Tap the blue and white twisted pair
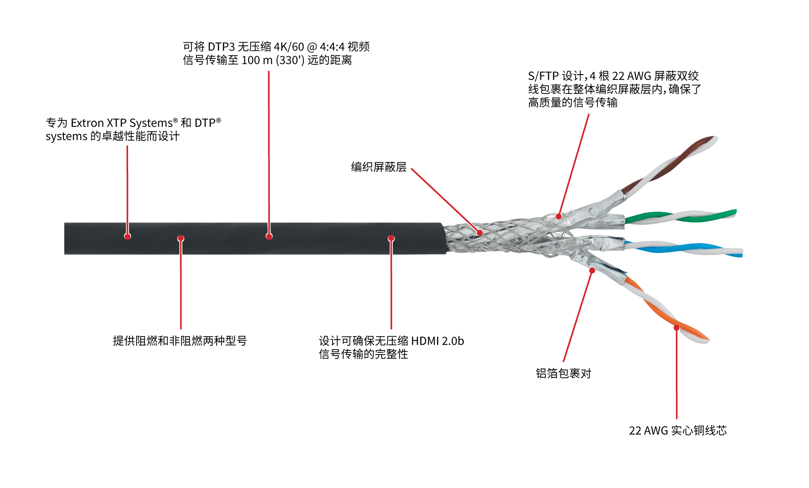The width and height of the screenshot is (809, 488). (683, 248)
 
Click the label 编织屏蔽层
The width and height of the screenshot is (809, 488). (379, 167)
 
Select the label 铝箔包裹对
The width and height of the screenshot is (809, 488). (564, 373)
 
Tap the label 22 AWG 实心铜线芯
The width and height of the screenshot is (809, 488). (678, 430)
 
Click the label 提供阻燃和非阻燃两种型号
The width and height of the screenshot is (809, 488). (180, 341)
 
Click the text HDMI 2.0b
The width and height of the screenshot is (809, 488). (437, 341)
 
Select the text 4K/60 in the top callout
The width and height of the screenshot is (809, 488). (289, 47)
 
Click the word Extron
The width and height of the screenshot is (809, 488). (87, 123)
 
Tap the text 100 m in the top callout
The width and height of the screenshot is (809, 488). (257, 60)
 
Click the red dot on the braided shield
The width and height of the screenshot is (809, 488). (480, 233)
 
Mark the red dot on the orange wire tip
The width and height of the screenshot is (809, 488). (676, 328)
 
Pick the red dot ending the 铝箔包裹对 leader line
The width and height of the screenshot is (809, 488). (592, 271)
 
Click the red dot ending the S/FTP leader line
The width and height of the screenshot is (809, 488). (559, 216)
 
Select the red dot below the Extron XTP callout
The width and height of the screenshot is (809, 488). (128, 236)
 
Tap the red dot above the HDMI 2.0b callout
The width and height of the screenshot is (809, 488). (391, 238)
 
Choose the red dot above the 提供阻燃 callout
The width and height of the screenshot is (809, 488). (181, 238)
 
